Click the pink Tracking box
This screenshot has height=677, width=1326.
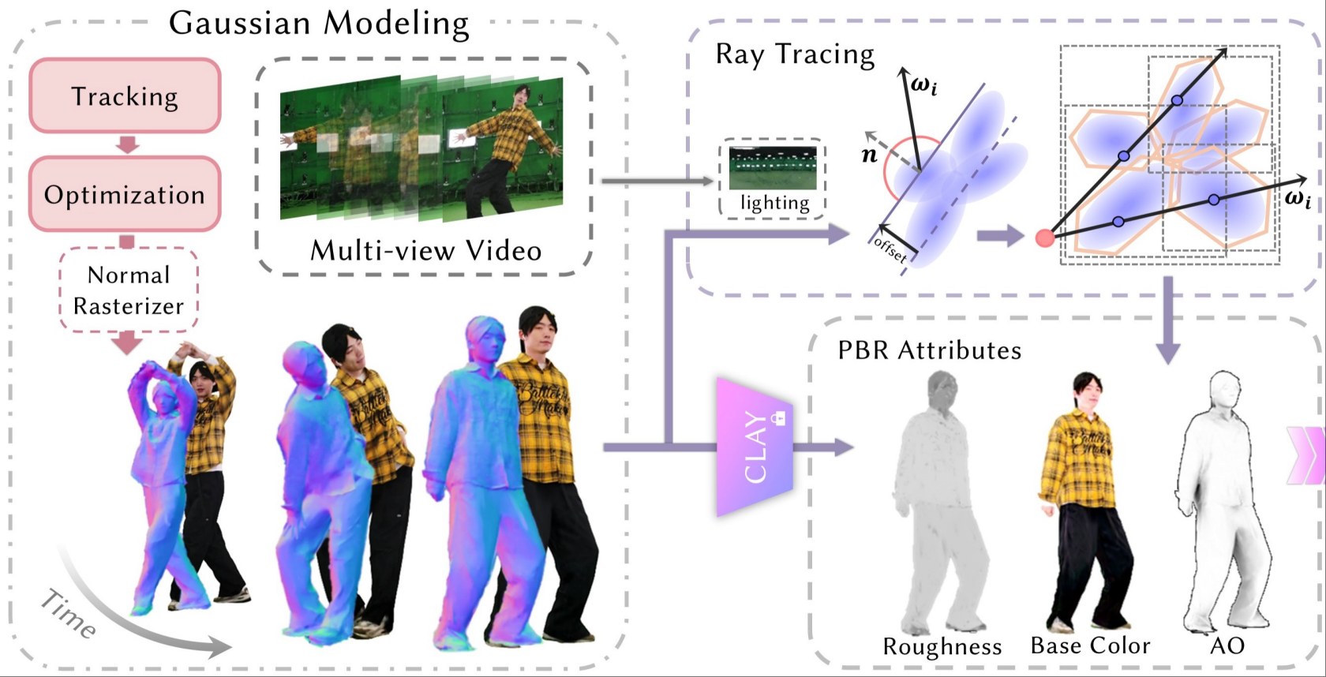pos(125,95)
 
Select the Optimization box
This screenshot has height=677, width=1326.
pos(125,194)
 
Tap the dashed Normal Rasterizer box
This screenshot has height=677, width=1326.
pos(129,290)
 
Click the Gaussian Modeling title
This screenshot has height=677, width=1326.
pos(319,24)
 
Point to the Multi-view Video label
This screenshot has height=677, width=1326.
pos(426,250)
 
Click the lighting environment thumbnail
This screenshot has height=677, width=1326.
pos(773,168)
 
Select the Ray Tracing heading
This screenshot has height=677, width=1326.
pos(795,54)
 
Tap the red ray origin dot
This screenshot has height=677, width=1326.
pos(1044,238)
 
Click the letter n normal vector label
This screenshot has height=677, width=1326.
pos(869,155)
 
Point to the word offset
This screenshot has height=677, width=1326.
pos(890,249)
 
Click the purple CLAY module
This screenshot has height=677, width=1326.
pos(755,447)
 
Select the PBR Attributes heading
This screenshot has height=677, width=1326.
pos(930,350)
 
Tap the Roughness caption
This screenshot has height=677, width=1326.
pos(942,646)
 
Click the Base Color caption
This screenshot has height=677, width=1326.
pos(1090,645)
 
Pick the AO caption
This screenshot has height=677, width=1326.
pos(1227,645)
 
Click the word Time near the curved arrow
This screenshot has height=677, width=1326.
pos(69,613)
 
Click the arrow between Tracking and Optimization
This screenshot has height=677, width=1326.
pos(127,144)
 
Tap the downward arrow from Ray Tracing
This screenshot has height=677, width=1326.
pos(1167,320)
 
